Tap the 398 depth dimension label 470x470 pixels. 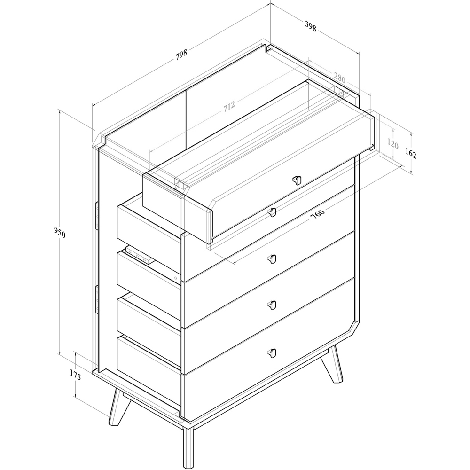coord(311,26)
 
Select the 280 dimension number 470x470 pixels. coord(339,78)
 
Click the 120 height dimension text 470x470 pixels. coord(392,144)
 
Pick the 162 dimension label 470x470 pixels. coord(411,153)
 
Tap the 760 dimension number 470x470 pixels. coord(318,214)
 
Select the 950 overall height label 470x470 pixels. coord(59,232)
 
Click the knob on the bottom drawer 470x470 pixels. coord(272,353)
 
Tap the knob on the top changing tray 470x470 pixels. coord(297,180)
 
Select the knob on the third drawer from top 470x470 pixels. coord(272,305)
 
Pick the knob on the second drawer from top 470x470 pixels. coord(272,258)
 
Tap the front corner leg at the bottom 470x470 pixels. coord(189,447)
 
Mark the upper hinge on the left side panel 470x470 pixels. coord(97,216)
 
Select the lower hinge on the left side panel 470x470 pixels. coord(97,299)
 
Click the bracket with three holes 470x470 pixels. coord(140,255)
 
